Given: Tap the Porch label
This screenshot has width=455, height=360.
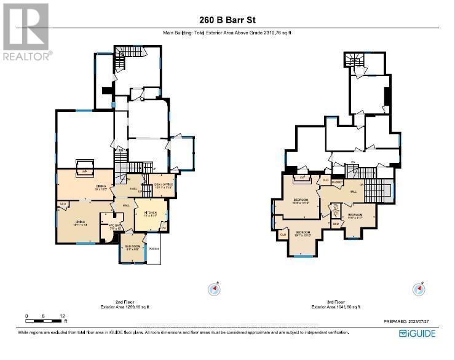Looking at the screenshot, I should (153, 249).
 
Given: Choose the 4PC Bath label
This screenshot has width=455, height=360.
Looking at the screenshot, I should (107, 226).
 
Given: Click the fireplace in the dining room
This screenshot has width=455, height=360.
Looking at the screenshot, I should (84, 169).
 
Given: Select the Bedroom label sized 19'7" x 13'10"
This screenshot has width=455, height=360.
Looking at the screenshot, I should (303, 233).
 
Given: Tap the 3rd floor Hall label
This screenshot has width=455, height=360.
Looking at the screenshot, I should (352, 192).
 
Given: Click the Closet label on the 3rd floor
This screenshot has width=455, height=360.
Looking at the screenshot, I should (336, 182).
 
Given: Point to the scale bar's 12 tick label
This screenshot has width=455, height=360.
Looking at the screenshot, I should (63, 316).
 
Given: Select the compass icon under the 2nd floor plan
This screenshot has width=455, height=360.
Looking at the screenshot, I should (215, 289).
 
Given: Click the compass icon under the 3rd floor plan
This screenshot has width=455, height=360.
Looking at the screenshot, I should (419, 289).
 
